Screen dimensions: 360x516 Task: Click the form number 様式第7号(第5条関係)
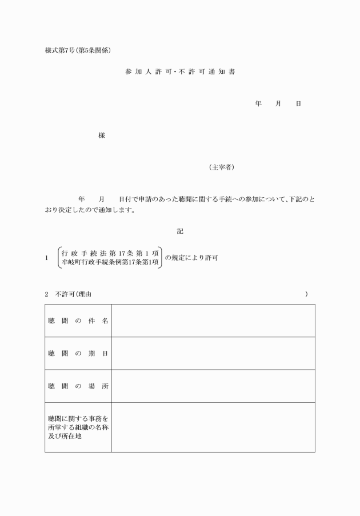coord(78,50)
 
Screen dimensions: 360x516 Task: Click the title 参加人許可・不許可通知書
coord(180,72)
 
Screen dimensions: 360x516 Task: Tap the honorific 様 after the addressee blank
coord(102,135)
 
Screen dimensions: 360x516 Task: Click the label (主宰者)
coord(221,167)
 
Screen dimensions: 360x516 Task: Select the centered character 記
coord(180,231)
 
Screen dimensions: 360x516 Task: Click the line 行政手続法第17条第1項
coord(110,253)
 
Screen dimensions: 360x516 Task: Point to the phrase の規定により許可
coord(191,258)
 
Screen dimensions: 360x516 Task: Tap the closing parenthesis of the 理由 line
coord(306,294)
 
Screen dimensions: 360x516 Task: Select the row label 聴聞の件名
coord(78,321)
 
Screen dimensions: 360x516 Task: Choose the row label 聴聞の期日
coord(78,353)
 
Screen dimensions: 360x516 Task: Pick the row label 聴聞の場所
coord(78,386)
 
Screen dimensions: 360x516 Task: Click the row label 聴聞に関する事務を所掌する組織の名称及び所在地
coord(78,427)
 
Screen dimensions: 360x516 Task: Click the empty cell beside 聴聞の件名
coord(213,321)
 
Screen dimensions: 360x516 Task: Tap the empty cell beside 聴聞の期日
coord(213,353)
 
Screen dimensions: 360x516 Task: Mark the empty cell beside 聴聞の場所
coord(213,386)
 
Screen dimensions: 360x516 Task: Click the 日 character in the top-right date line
coord(298,104)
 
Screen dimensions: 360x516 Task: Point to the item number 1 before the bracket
coord(47,258)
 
